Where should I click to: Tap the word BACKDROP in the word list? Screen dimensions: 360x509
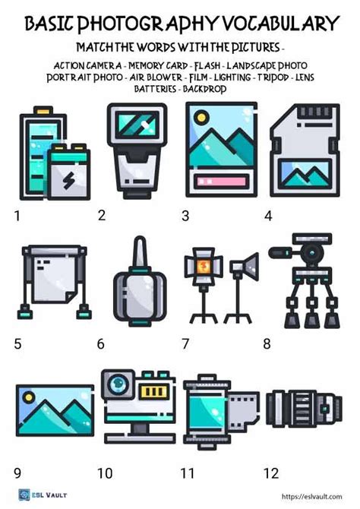click(x=204, y=89)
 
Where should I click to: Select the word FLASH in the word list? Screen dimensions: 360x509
click(x=207, y=66)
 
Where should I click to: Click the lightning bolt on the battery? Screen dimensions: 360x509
click(x=68, y=180)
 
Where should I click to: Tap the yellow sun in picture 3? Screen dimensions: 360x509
click(x=201, y=117)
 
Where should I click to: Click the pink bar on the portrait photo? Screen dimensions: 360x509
click(x=221, y=181)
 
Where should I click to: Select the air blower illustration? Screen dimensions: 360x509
click(x=140, y=281)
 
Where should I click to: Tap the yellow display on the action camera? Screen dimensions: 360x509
click(x=154, y=391)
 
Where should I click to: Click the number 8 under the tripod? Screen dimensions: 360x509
click(x=267, y=343)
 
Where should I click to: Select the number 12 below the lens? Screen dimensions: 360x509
click(x=271, y=473)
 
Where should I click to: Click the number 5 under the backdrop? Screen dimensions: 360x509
click(x=18, y=343)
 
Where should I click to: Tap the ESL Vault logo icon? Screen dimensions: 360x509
click(x=24, y=495)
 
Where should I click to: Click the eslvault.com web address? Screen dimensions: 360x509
click(x=311, y=496)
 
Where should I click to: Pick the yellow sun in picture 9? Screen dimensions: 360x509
click(x=29, y=397)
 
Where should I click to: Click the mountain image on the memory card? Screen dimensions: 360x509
click(x=305, y=174)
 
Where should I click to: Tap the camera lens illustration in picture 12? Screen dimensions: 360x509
click(x=304, y=408)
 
